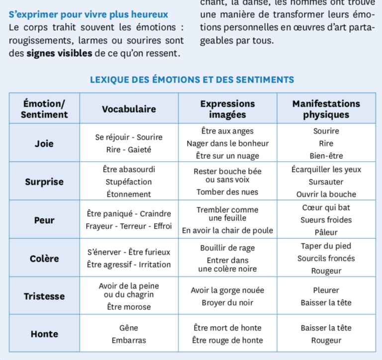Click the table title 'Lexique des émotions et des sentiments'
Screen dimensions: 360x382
pyautogui.click(x=192, y=80)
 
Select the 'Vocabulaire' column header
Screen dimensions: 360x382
pyautogui.click(x=129, y=109)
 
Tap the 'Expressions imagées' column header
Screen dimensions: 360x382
pyautogui.click(x=227, y=109)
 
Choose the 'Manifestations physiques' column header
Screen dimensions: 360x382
pyautogui.click(x=326, y=109)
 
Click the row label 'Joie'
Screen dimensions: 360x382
pyautogui.click(x=44, y=144)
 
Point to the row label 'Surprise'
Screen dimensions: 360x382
pyautogui.click(x=44, y=181)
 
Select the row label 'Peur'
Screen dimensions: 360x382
pyautogui.click(x=44, y=220)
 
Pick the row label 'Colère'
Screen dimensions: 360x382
pyautogui.click(x=44, y=259)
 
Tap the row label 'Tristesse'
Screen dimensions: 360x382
pyautogui.click(x=44, y=296)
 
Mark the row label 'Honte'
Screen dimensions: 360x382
pyautogui.click(x=44, y=334)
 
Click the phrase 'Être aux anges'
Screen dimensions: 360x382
pyautogui.click(x=227, y=131)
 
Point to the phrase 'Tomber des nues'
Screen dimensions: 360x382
pyautogui.click(x=227, y=192)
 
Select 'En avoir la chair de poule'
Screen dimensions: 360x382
pyautogui.click(x=227, y=230)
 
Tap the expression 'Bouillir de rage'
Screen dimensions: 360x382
pyautogui.click(x=227, y=248)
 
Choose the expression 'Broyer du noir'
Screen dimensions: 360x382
pyautogui.click(x=227, y=302)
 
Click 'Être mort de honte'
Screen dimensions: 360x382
pyautogui.click(x=227, y=328)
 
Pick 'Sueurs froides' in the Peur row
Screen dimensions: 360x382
pyautogui.click(x=326, y=220)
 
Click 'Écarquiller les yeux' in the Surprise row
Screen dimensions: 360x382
pyautogui.click(x=326, y=170)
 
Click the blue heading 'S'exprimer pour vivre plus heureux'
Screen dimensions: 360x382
pyautogui.click(x=89, y=15)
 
